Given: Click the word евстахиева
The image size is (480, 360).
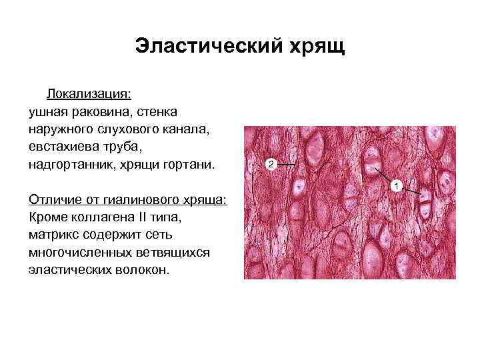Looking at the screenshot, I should (x=65, y=146).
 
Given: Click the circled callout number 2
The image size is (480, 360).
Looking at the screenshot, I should (x=271, y=163).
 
